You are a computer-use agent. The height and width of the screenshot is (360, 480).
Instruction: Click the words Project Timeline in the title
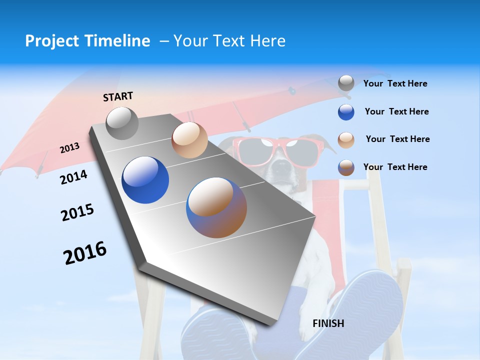click(x=87, y=40)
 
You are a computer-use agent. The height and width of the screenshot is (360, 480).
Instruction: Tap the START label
click(x=118, y=96)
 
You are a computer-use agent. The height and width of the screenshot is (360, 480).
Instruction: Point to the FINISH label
click(x=328, y=323)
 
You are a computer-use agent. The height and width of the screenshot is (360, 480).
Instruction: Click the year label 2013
click(x=69, y=148)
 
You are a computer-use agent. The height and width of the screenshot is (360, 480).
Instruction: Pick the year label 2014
click(x=73, y=177)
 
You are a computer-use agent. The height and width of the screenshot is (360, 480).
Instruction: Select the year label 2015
click(x=77, y=212)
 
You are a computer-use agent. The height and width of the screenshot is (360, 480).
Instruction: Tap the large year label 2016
click(x=84, y=252)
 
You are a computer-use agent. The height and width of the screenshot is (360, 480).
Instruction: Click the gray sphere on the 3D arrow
click(x=122, y=123)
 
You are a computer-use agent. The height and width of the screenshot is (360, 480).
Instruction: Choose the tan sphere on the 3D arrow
click(x=189, y=140)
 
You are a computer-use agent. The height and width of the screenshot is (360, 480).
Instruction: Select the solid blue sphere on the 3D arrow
click(x=145, y=180)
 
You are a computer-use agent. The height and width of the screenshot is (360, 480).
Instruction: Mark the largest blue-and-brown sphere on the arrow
click(x=216, y=207)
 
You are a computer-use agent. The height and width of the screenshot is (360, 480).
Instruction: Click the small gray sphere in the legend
click(x=346, y=83)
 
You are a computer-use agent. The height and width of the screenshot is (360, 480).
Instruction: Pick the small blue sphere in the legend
click(x=346, y=112)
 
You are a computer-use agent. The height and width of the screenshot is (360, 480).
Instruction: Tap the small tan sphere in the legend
click(x=346, y=139)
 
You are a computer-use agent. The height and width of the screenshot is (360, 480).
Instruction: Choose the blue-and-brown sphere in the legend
click(x=346, y=167)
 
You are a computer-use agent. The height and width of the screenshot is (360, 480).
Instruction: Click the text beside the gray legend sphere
click(x=395, y=83)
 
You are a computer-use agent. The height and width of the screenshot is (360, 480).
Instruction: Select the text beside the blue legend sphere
click(x=396, y=111)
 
